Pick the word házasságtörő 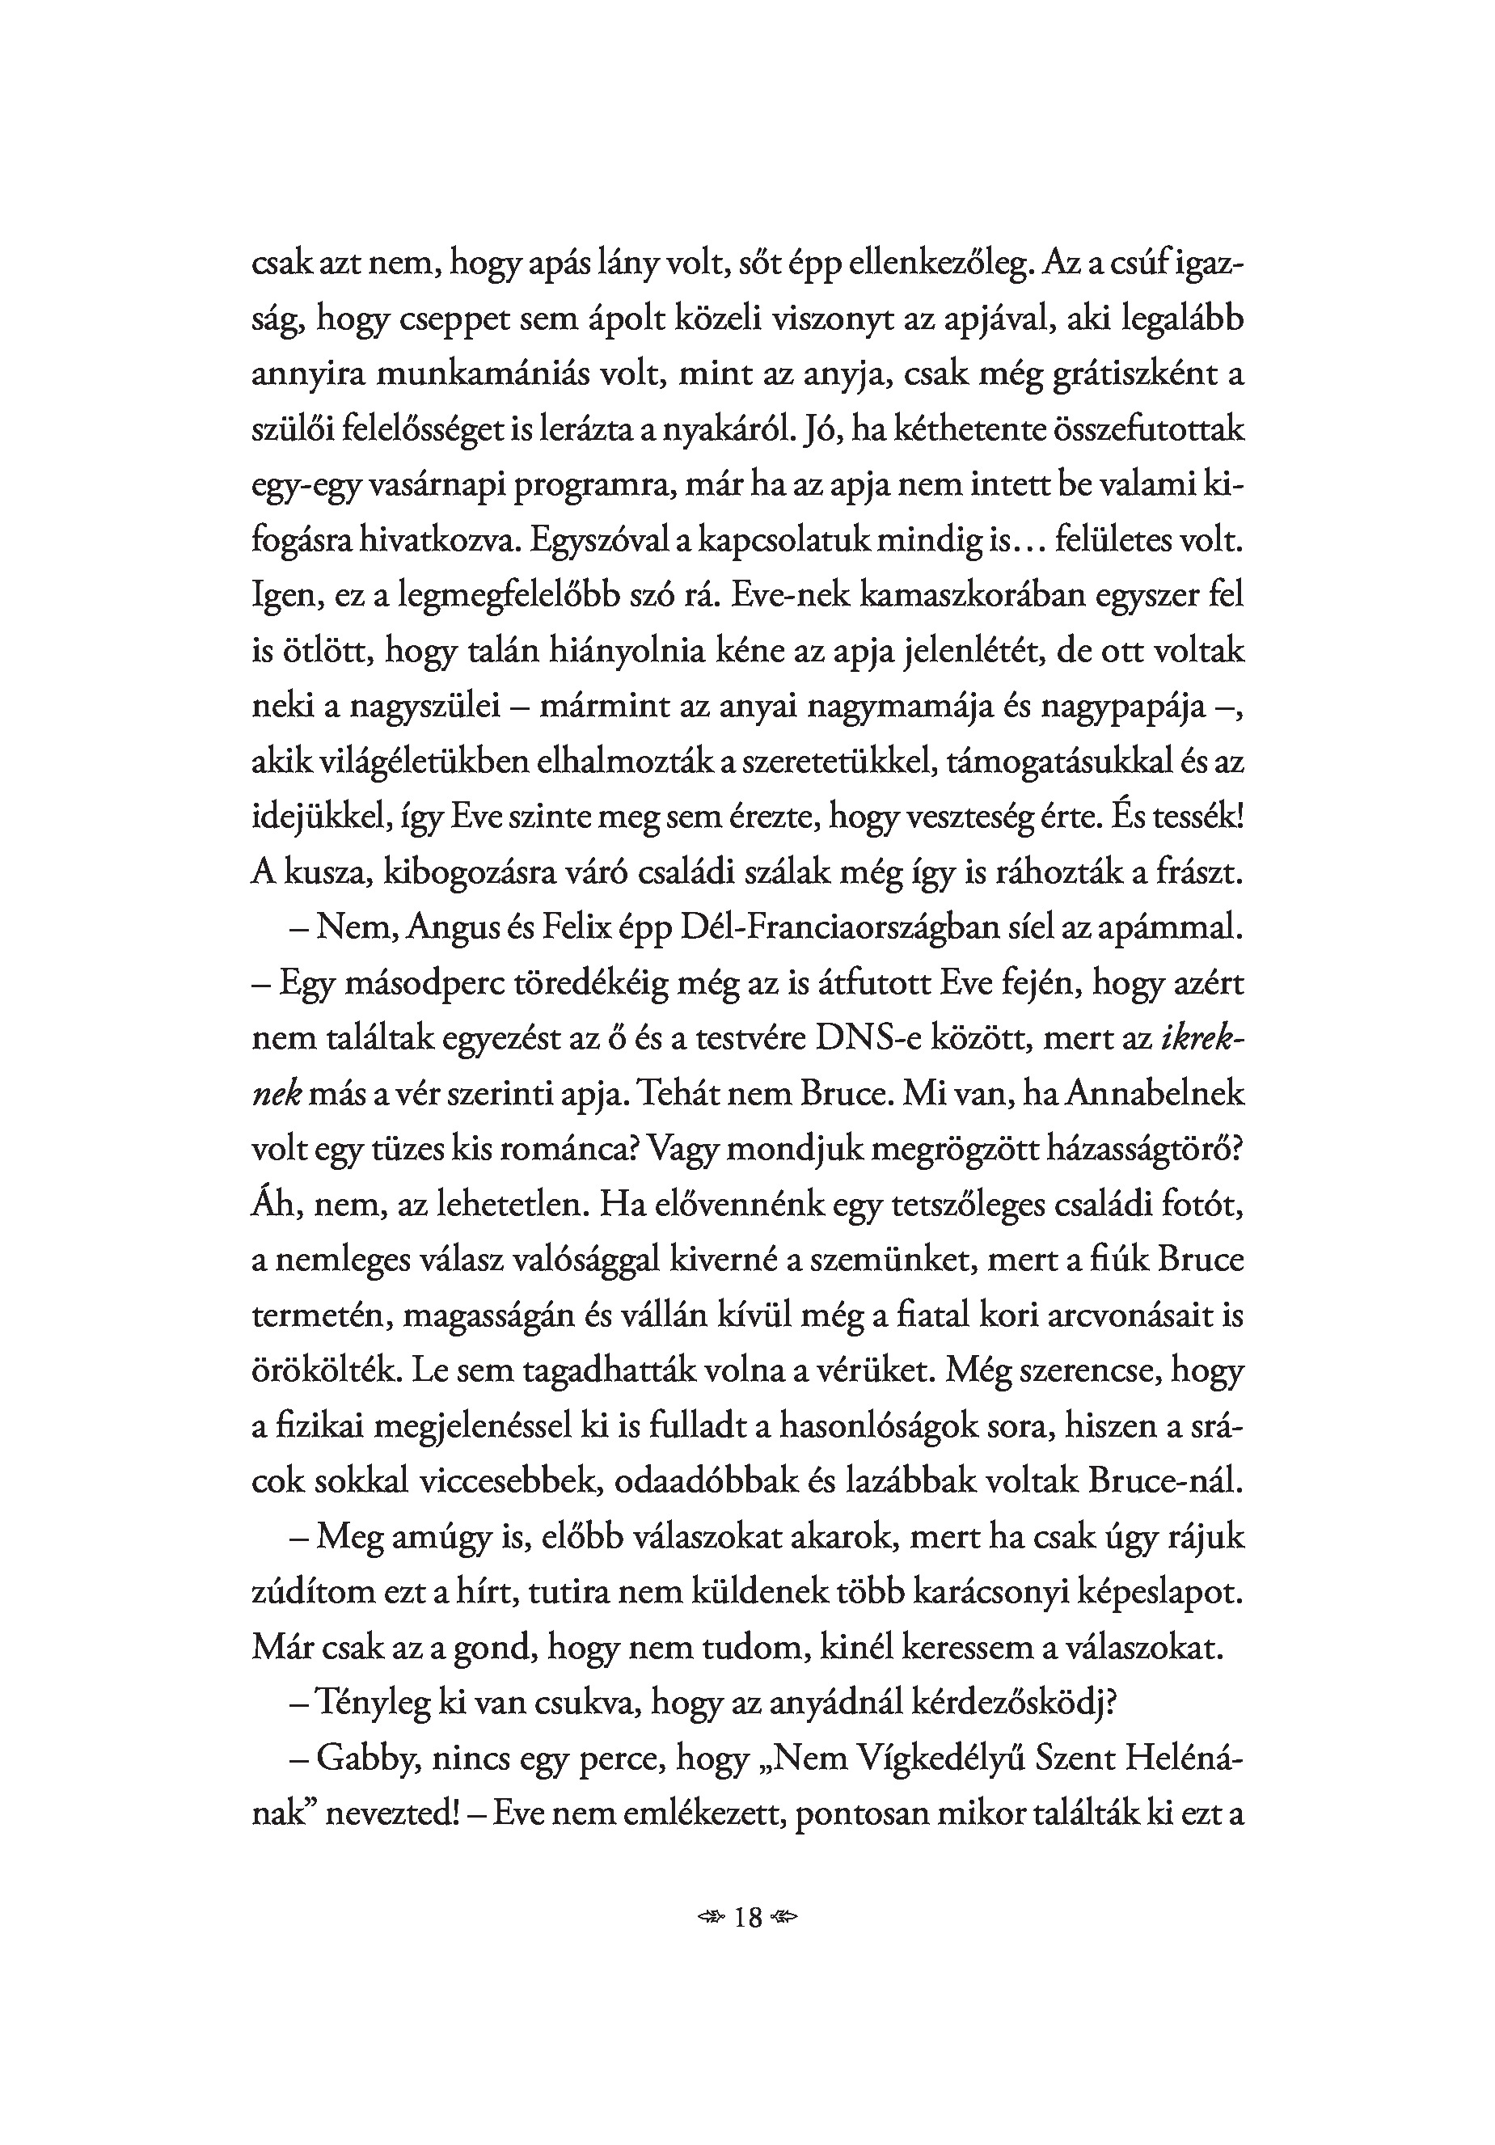[1136, 1149]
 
